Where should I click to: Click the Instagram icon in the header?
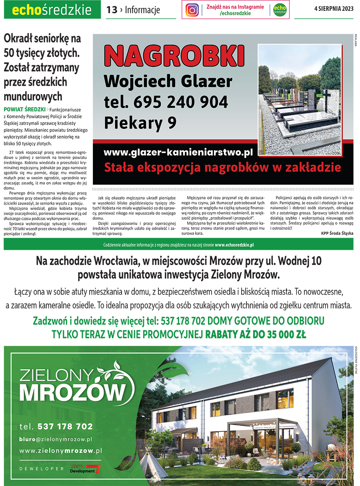pyautogui.click(x=192, y=10)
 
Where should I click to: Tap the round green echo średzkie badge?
pyautogui.click(x=280, y=10)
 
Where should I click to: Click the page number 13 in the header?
pyautogui.click(x=112, y=10)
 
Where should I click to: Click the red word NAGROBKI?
pyautogui.click(x=174, y=56)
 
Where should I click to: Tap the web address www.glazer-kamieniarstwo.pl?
pyautogui.click(x=178, y=152)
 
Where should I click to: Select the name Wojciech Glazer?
pyautogui.click(x=168, y=82)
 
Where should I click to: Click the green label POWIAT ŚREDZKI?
pyautogui.click(x=24, y=109)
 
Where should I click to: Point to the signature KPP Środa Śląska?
pyautogui.click(x=337, y=233)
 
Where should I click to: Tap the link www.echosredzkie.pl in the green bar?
pyautogui.click(x=234, y=245)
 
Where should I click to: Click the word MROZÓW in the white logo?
pyautogui.click(x=71, y=391)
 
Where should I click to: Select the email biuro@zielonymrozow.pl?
pyautogui.click(x=56, y=439)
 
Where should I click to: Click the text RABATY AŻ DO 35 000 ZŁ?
pyautogui.click(x=256, y=334)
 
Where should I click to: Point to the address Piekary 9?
pyautogui.click(x=140, y=123)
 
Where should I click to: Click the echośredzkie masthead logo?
pyautogui.click(x=52, y=10)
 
